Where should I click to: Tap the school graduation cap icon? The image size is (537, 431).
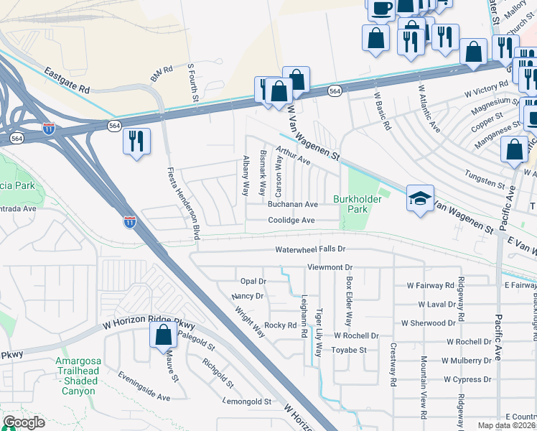click(x=420, y=200)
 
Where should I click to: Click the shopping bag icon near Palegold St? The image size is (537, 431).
click(x=163, y=334)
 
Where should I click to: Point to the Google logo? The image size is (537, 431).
click(x=24, y=423)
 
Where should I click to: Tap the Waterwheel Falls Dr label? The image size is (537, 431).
click(x=311, y=249)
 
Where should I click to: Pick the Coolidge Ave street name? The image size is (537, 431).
click(x=291, y=221)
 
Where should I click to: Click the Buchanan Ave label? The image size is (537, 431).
click(x=292, y=205)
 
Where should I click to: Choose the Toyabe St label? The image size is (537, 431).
click(x=349, y=351)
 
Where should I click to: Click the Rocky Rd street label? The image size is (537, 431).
click(x=281, y=325)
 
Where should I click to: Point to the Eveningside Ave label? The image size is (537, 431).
click(x=144, y=386)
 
